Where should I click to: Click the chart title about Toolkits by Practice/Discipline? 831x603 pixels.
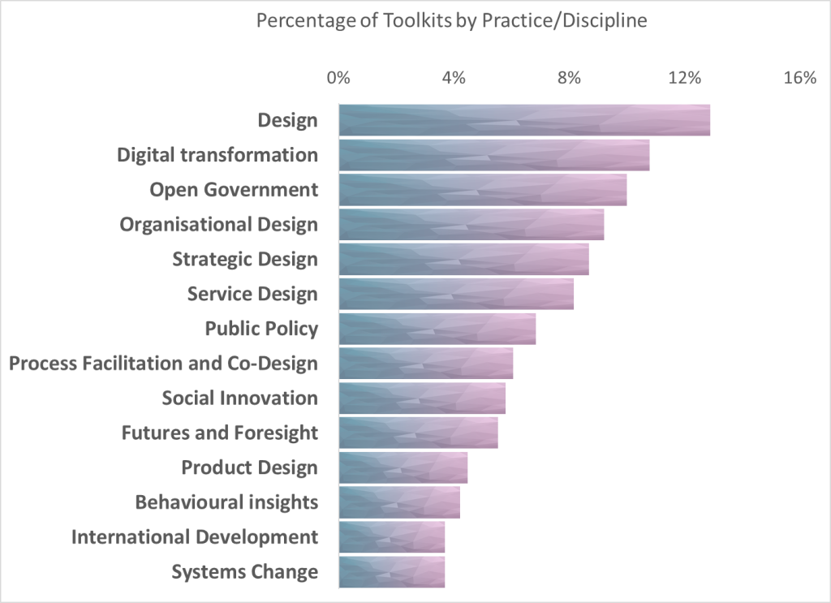coord(451,21)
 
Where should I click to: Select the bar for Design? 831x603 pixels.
coord(524,120)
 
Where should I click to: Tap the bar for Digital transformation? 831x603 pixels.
coord(493,155)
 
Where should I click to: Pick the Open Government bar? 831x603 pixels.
coord(482,189)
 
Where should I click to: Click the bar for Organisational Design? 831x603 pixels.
coord(471,224)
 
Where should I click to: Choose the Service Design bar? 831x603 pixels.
coord(455,294)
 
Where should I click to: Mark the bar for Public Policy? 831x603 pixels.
coord(437,329)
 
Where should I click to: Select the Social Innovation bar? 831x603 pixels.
coord(421,398)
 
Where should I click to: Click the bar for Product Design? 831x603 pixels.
coord(403,467)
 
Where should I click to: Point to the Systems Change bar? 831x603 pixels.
coord(391,571)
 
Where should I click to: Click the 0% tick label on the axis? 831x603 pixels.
coord(338,78)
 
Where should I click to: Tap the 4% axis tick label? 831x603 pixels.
coord(454,78)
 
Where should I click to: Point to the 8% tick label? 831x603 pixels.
coord(569,78)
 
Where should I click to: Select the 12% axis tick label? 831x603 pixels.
coord(684,78)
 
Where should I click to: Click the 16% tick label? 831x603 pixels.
coord(800,78)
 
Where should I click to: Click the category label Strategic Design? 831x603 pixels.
coord(245,259)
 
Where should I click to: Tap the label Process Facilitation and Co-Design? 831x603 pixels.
coord(163,363)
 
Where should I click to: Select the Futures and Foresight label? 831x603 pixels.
coord(219,433)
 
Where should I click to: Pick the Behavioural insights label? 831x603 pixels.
coord(226,502)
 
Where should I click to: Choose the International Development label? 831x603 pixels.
coord(195,536)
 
